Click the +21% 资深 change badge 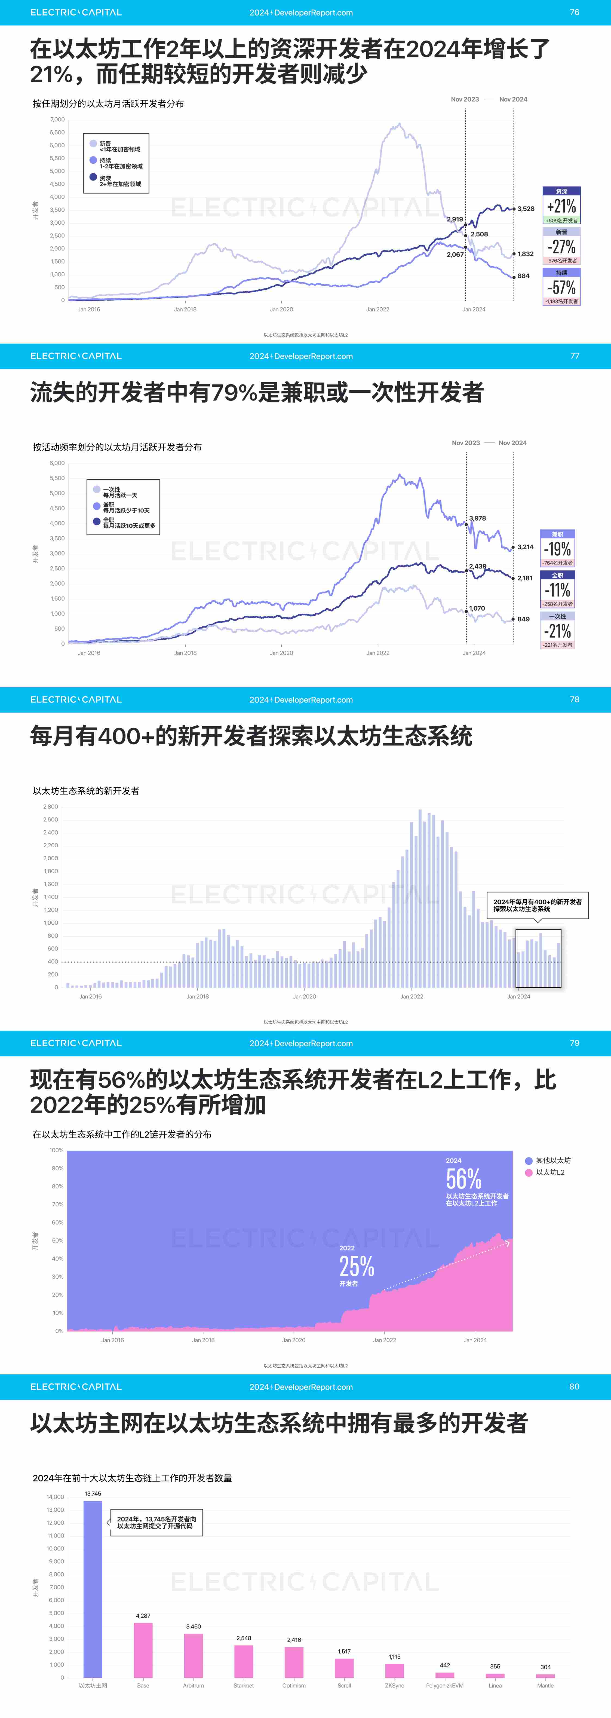[x=561, y=205]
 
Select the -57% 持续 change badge [x=561, y=287]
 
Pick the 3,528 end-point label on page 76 [x=526, y=209]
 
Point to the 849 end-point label [x=523, y=619]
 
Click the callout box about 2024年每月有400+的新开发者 [x=537, y=905]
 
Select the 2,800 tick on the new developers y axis [x=51, y=806]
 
